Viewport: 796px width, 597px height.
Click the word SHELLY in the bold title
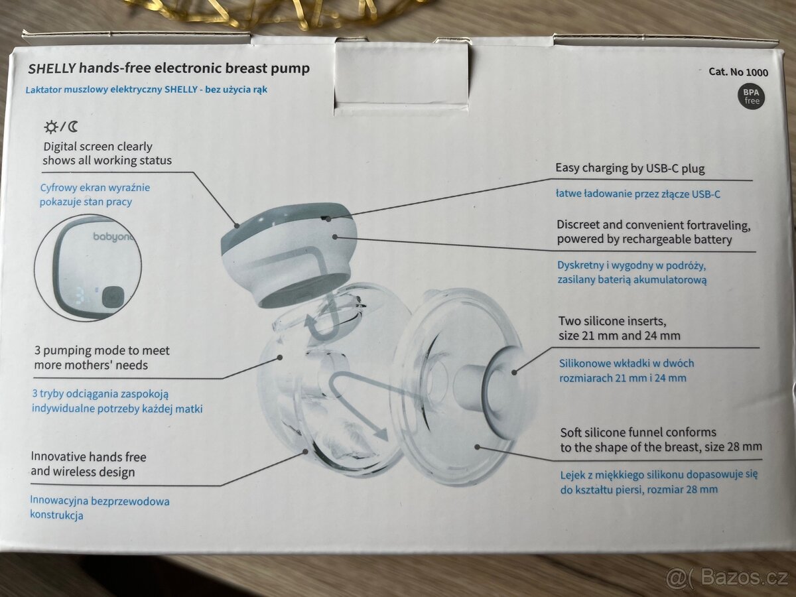point(52,68)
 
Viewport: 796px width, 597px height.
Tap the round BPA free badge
point(751,97)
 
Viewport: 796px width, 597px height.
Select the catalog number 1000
point(757,72)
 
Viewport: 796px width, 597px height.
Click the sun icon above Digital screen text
point(51,127)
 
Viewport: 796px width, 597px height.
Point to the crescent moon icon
point(73,127)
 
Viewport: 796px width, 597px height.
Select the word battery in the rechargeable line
point(713,240)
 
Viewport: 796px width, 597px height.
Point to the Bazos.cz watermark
point(726,577)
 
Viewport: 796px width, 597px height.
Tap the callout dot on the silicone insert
point(514,372)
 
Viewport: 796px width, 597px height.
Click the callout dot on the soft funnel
point(477,447)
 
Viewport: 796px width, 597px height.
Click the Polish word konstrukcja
point(56,515)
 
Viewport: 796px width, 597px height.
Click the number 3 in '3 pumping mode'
point(37,350)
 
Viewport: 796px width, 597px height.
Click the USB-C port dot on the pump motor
point(328,219)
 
